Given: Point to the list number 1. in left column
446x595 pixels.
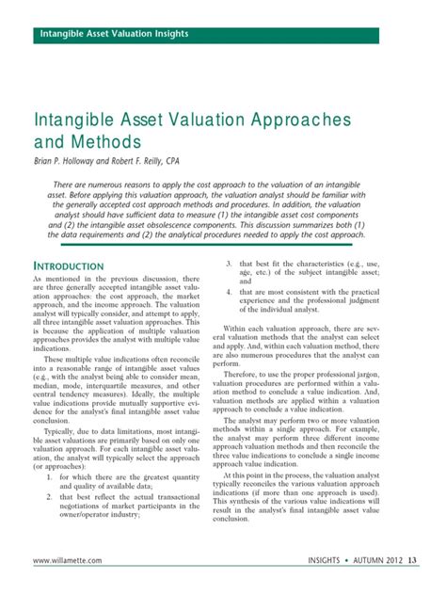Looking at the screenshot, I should [x=51, y=477].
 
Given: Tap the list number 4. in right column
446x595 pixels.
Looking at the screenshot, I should [x=229, y=293].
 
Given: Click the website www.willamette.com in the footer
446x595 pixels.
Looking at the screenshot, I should [x=73, y=562].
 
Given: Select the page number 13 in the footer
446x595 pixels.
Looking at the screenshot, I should [x=413, y=562].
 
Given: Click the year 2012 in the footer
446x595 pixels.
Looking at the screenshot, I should [x=390, y=562].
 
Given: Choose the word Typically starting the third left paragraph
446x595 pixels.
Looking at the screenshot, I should [x=65, y=430].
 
